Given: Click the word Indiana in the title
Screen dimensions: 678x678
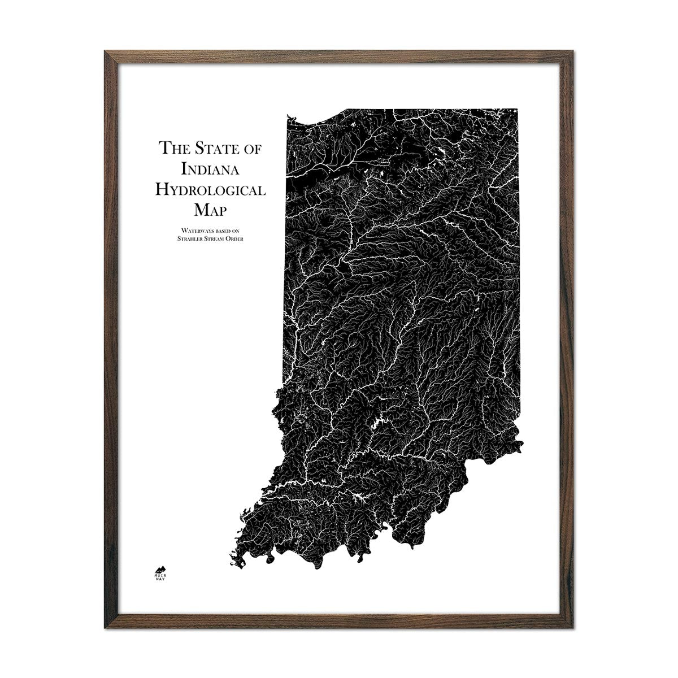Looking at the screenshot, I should point(210,169).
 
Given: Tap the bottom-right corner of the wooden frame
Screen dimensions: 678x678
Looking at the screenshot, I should point(574,627).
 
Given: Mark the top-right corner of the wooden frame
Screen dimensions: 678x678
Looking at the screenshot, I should point(574,52).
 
